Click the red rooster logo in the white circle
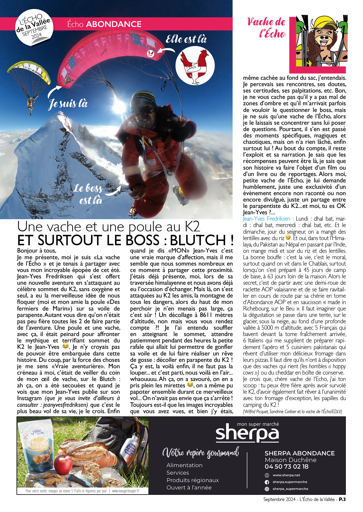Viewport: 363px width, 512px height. click(x=195, y=66)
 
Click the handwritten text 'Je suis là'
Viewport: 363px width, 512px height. click(x=68, y=104)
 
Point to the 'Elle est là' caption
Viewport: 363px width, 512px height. click(x=186, y=39)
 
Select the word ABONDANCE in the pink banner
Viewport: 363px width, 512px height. click(x=114, y=24)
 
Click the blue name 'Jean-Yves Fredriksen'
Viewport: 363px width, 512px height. click(x=266, y=219)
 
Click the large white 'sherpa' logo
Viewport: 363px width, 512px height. click(x=247, y=434)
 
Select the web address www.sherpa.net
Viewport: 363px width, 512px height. click(x=286, y=475)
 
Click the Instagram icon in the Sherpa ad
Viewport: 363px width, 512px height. click(x=267, y=489)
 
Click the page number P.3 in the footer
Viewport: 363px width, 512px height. click(x=342, y=499)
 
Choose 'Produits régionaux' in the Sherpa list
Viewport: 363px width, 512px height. click(x=193, y=480)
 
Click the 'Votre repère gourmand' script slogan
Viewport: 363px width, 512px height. click(x=200, y=453)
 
